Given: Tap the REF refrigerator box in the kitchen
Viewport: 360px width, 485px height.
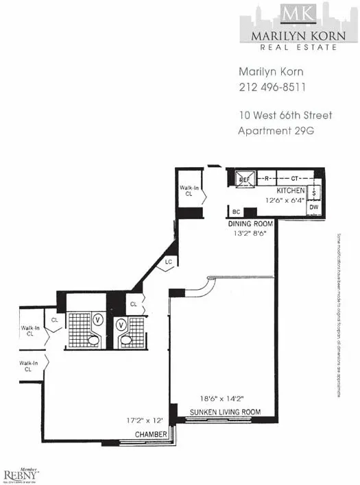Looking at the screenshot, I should click(245, 179).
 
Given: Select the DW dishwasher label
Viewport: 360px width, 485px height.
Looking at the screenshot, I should click(314, 206).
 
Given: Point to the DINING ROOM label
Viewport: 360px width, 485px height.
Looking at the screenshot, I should click(251, 224).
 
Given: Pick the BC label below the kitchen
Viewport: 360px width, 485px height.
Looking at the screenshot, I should click(236, 212).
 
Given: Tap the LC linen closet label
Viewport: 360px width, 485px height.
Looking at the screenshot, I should click(168, 262).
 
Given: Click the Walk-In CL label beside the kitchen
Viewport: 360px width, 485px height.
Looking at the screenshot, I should click(189, 190).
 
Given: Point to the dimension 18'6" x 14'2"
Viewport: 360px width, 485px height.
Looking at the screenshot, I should click(220, 397).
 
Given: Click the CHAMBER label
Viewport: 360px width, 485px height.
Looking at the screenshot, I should click(150, 434).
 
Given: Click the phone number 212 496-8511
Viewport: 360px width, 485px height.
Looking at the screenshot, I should click(272, 88).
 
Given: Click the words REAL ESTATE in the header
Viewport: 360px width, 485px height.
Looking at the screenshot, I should click(298, 47).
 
